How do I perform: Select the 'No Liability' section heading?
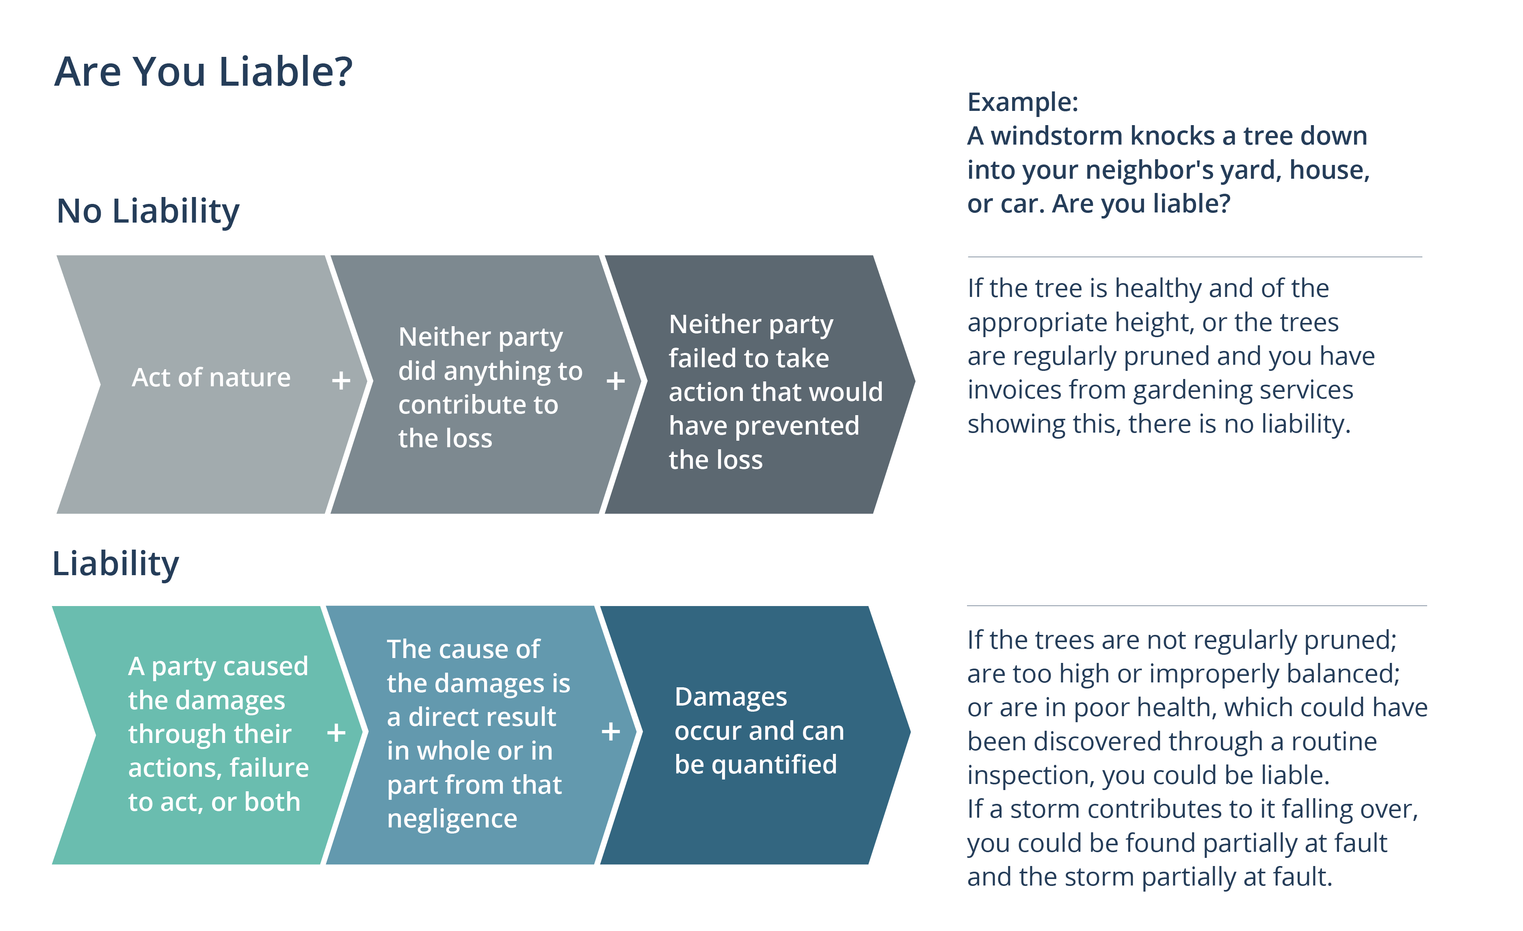(x=148, y=211)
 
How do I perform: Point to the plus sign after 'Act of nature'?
(x=341, y=380)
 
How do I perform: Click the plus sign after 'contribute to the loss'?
(x=615, y=381)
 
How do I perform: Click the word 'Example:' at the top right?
(x=1022, y=102)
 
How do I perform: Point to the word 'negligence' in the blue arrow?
(x=452, y=819)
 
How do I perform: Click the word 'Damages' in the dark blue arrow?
(x=731, y=697)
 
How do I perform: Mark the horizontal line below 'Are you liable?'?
(x=1194, y=257)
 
